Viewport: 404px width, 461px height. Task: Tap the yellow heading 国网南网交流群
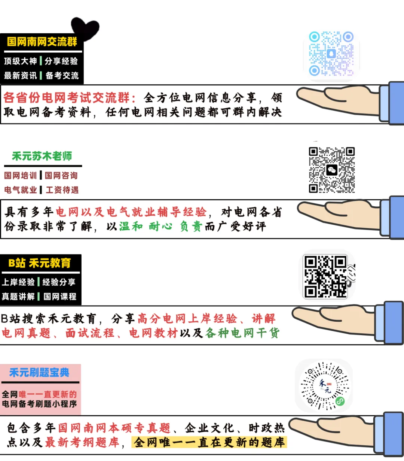[x=42, y=42]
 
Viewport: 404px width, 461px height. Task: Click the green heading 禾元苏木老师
[x=42, y=156]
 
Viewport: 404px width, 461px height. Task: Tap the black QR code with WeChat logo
[x=331, y=170]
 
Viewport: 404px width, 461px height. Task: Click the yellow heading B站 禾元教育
[x=40, y=263]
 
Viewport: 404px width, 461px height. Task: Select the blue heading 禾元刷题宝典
[x=39, y=373]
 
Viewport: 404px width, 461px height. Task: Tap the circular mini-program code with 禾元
[x=324, y=386]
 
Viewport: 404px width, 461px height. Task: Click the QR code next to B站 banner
[x=325, y=277]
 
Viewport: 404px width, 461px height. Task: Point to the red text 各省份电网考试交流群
[x=67, y=98]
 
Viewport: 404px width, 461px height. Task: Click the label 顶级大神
[x=21, y=61]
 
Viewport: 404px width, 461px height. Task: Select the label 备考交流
[x=62, y=76]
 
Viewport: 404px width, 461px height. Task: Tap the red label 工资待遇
[x=62, y=190]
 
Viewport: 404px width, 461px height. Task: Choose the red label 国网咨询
[x=61, y=175]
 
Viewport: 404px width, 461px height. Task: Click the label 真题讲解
[x=18, y=297]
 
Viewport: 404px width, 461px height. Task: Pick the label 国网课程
[x=60, y=297]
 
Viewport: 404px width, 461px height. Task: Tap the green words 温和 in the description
[x=131, y=226]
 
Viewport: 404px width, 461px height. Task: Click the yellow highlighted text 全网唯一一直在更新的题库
[x=209, y=442]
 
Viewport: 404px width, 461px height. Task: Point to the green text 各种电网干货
[x=242, y=333]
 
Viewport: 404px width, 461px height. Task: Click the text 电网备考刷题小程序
[x=39, y=404]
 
